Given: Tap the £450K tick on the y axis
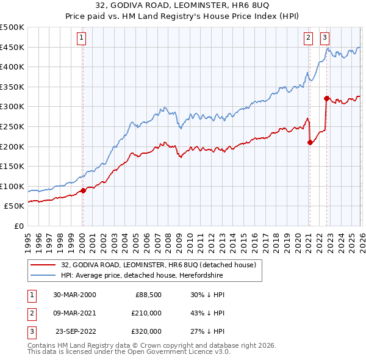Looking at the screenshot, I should point(12,47).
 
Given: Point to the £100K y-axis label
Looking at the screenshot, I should point(12,186).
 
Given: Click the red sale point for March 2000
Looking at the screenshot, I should point(84,190).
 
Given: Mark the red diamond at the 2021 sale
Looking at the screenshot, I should point(310,142).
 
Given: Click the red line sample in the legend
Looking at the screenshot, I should point(45,265).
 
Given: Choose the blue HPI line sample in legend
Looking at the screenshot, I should point(45,275).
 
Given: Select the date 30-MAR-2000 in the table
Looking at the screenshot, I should point(74,295).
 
